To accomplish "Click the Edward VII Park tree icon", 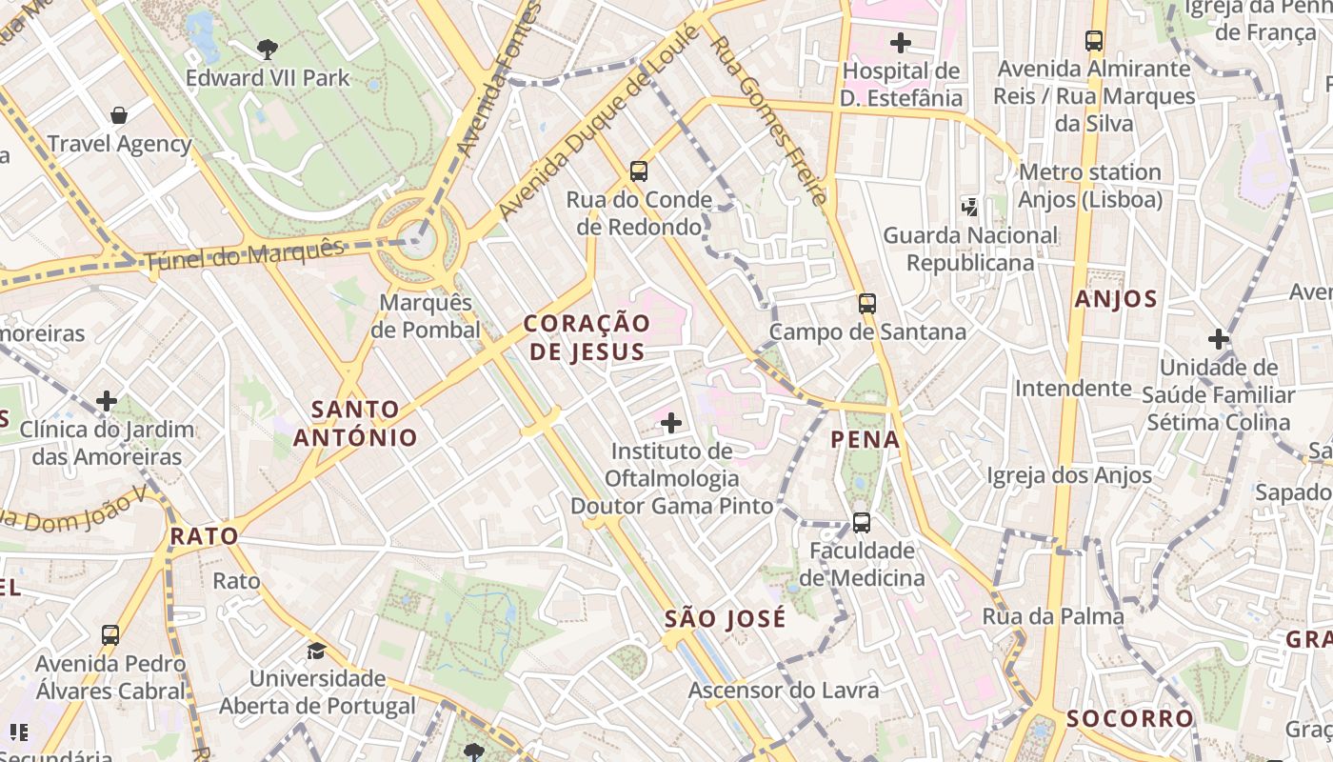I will tap(268, 49).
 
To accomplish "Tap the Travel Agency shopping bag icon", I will tap(119, 115).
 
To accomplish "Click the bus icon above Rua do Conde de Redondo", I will tap(638, 171).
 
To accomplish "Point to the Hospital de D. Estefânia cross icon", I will tap(900, 43).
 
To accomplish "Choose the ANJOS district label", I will tap(1116, 299).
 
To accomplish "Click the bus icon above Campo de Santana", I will tap(866, 304).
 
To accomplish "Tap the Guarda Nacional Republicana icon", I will tap(969, 207).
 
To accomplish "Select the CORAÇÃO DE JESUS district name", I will tap(587, 337).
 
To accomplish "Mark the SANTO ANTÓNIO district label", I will tap(354, 424).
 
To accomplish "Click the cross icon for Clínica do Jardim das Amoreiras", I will tap(107, 402).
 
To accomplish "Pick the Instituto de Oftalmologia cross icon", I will tap(671, 422).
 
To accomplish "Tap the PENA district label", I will tap(865, 439).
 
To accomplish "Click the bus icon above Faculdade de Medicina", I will tap(861, 523).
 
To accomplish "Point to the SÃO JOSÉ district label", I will tap(726, 619).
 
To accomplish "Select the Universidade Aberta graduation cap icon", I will tap(316, 651).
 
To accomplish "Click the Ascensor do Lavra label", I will tap(783, 691).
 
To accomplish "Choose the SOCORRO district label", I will tap(1129, 718).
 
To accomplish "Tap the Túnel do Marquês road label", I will tap(245, 254).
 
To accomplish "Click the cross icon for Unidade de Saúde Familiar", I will tap(1218, 339).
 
